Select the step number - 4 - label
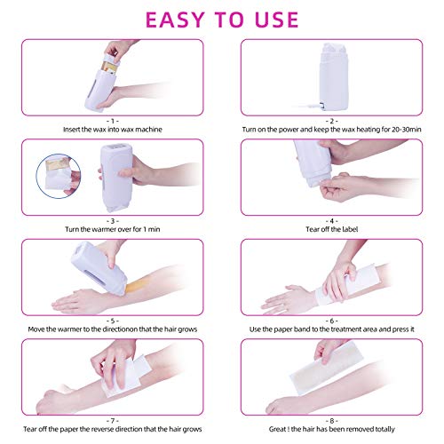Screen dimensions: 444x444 click(331, 218)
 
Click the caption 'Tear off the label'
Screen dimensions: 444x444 click(331, 229)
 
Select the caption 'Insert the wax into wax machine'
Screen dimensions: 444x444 click(111, 129)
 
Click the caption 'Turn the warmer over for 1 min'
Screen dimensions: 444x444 click(111, 229)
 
